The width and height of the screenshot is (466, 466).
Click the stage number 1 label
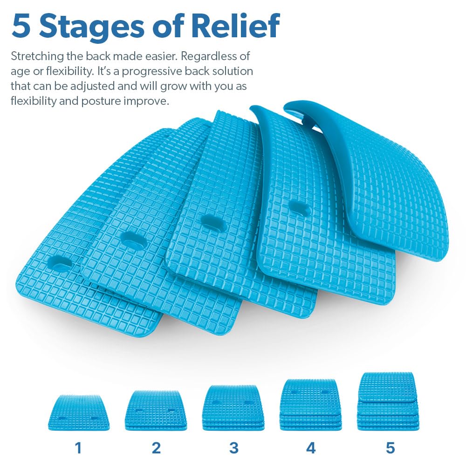[78, 448]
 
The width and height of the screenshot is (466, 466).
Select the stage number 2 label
[156, 448]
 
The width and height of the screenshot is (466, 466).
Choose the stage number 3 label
[233, 448]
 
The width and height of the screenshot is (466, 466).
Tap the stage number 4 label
[311, 448]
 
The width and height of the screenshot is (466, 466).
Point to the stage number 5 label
[390, 448]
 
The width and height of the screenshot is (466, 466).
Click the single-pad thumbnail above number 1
[78, 412]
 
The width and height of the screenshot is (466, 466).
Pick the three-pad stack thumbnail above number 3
[233, 407]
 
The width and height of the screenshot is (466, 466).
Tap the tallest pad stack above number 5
[388, 401]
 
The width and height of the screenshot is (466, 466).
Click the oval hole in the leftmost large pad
[60, 263]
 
